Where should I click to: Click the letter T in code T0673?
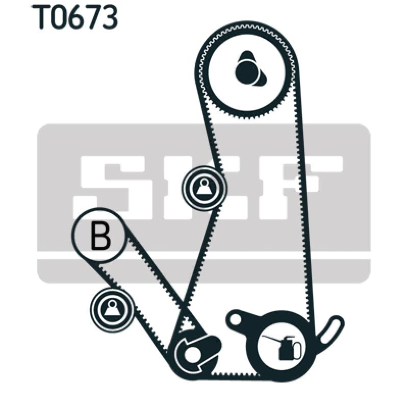pos(42,17)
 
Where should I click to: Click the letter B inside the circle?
pos(100,236)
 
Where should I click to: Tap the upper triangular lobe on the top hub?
pos(246,56)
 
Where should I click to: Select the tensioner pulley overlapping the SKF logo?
pos(205,188)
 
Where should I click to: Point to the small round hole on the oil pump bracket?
pos(235,318)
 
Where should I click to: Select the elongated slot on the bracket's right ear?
pos(330,329)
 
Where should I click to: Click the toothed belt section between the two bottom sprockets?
pos(236,374)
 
